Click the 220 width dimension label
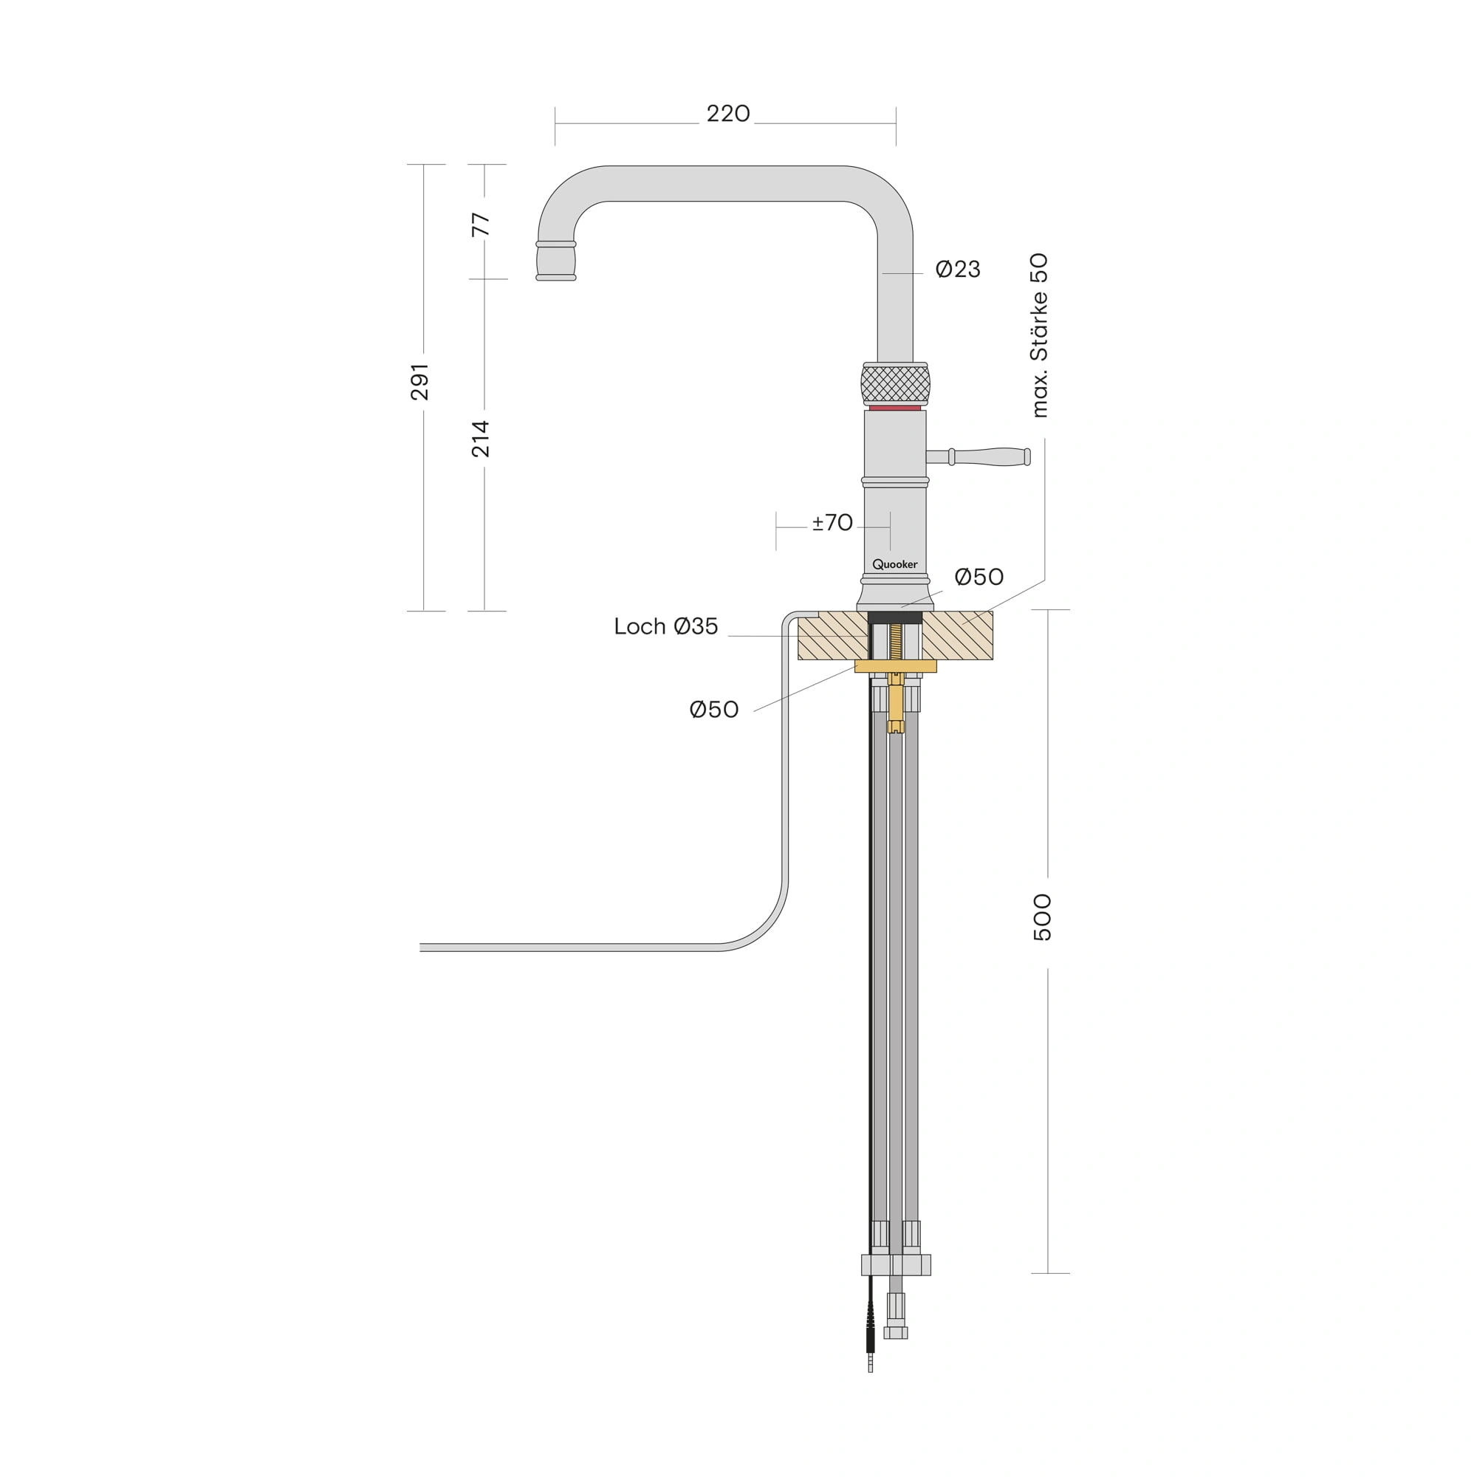[x=728, y=114]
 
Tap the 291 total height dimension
[x=419, y=383]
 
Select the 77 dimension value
[x=480, y=225]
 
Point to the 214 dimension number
[x=480, y=439]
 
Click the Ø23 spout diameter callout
[x=958, y=269]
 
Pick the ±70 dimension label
[x=832, y=523]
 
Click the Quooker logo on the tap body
[x=894, y=564]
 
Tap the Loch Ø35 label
[x=666, y=626]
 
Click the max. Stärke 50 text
[x=1040, y=335]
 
